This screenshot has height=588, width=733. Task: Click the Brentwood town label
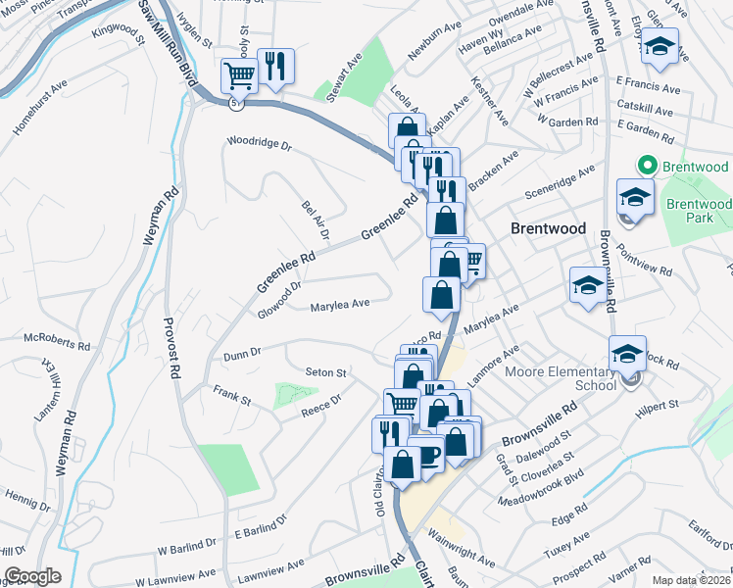click(x=549, y=228)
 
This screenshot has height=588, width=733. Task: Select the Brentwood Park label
click(x=699, y=211)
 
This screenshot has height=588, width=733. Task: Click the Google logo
click(x=32, y=576)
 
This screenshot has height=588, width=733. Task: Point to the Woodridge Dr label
click(x=259, y=144)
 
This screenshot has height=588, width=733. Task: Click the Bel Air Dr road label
click(x=314, y=220)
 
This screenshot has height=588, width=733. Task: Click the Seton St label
click(x=326, y=372)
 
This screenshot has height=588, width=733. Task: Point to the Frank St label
click(x=232, y=395)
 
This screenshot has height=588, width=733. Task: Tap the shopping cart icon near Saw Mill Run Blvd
click(x=239, y=73)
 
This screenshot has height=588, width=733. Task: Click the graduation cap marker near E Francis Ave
click(x=660, y=46)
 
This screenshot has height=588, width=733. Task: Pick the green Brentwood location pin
click(x=646, y=167)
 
